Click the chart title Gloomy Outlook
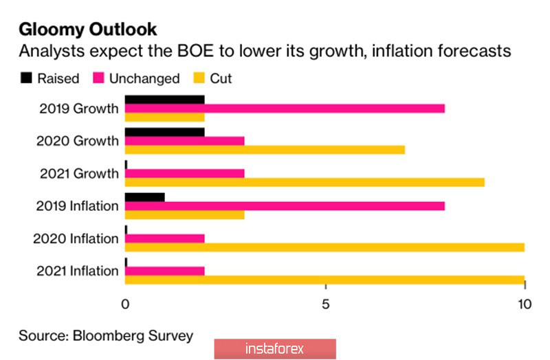[x=87, y=30]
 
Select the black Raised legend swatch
[x=26, y=78]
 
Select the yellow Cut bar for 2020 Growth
[x=265, y=150]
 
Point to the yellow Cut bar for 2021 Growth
[x=305, y=182]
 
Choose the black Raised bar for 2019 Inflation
[x=145, y=197]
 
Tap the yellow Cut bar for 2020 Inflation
[x=324, y=247]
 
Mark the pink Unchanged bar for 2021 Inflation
[x=165, y=271]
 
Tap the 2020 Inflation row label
[x=76, y=238]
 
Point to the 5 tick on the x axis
[x=325, y=303]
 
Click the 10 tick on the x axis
[x=525, y=303]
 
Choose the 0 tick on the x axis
[x=125, y=303]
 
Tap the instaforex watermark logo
[x=275, y=349]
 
